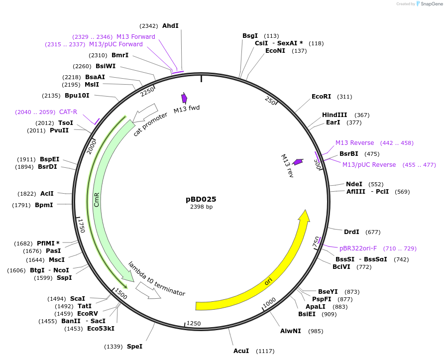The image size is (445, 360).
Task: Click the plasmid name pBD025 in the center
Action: coord(201,199)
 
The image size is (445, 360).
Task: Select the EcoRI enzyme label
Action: coord(321,97)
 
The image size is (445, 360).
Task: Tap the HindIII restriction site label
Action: coord(334,115)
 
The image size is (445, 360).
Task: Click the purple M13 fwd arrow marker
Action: coord(184,98)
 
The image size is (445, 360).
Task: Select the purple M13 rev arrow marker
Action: coord(298,162)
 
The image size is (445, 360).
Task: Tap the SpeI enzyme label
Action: coord(134,347)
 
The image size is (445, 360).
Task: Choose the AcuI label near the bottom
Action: coord(241,351)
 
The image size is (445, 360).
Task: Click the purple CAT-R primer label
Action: coord(68,112)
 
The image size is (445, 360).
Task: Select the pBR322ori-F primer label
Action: coord(358,248)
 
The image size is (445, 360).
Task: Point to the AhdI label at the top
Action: coord(170,25)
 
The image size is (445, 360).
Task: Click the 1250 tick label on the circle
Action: coord(193,324)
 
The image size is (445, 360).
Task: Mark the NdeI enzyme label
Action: coord(354,184)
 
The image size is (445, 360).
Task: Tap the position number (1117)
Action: coord(265,351)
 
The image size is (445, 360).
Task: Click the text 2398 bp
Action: coord(201,207)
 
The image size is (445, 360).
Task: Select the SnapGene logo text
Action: coord(431,4)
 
